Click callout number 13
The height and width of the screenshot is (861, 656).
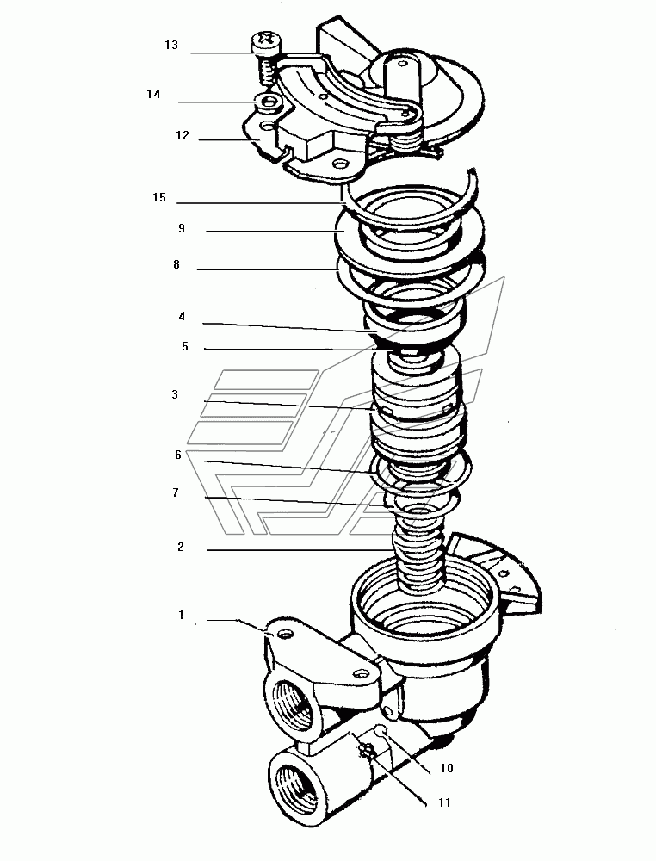[171, 45]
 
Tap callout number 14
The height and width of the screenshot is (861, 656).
[153, 95]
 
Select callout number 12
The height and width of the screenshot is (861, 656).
[183, 135]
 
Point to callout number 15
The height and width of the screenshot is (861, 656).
[159, 198]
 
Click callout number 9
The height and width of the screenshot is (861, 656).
[182, 228]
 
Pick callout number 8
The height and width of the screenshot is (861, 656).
[176, 264]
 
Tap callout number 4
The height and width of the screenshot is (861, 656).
[182, 316]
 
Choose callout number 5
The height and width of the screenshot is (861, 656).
[185, 346]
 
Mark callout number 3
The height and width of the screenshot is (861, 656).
[175, 394]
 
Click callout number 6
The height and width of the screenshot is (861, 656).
[178, 455]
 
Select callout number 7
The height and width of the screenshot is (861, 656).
[176, 492]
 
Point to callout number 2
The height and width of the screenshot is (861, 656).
[181, 547]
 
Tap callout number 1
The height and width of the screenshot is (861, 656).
[181, 615]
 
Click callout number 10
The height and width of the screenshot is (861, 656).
[447, 768]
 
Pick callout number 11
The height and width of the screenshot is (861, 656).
[445, 802]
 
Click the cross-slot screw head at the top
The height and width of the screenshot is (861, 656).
[266, 41]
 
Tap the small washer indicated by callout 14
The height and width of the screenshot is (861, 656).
[269, 101]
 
